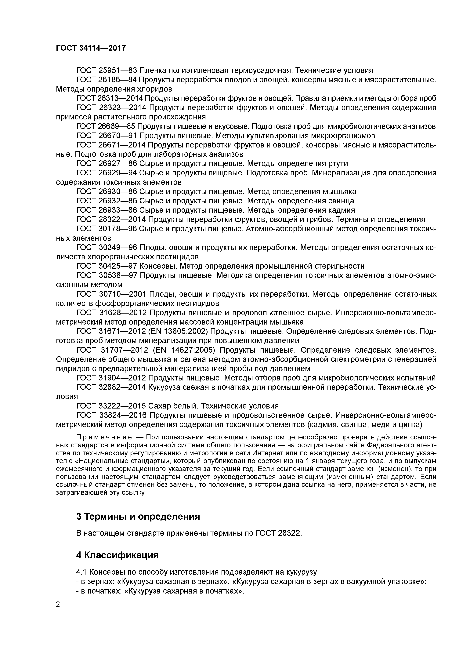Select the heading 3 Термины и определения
point(138,516)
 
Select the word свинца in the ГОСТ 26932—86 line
point(341,201)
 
